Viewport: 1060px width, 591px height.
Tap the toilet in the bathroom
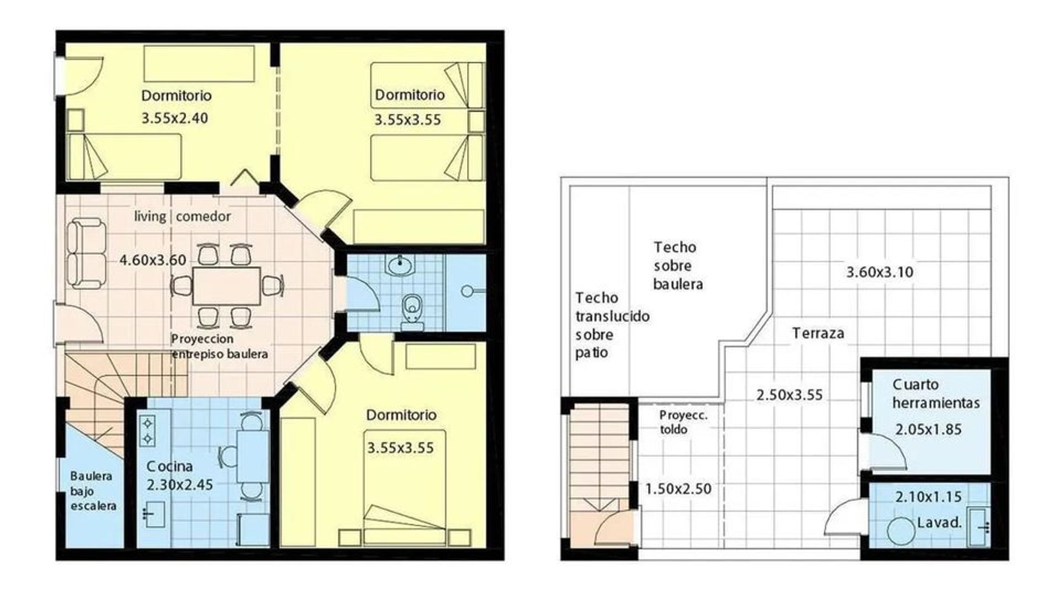[x=412, y=309]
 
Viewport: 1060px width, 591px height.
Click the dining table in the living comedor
[x=226, y=286]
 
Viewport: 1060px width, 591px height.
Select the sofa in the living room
[x=86, y=254]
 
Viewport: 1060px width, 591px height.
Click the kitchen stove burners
[x=148, y=431]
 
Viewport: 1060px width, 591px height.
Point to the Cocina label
[x=170, y=466]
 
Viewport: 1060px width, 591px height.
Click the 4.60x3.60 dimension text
[x=153, y=260]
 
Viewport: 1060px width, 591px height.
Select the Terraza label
[x=818, y=333]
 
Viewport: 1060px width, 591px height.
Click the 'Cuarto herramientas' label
[x=936, y=393]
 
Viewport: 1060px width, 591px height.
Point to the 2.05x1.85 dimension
[x=929, y=429]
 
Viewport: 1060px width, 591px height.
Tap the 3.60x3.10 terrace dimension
[x=880, y=272]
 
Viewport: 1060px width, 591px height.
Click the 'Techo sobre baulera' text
[x=678, y=266]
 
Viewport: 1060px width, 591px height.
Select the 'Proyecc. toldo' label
[x=683, y=423]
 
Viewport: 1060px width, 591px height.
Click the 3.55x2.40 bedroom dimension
[x=175, y=118]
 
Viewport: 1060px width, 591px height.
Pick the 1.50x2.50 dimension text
[x=679, y=489]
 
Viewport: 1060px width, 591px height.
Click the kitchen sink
[x=154, y=514]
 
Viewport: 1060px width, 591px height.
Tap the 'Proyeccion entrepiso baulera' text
[x=220, y=346]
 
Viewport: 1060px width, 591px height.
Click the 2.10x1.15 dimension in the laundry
[x=929, y=497]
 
